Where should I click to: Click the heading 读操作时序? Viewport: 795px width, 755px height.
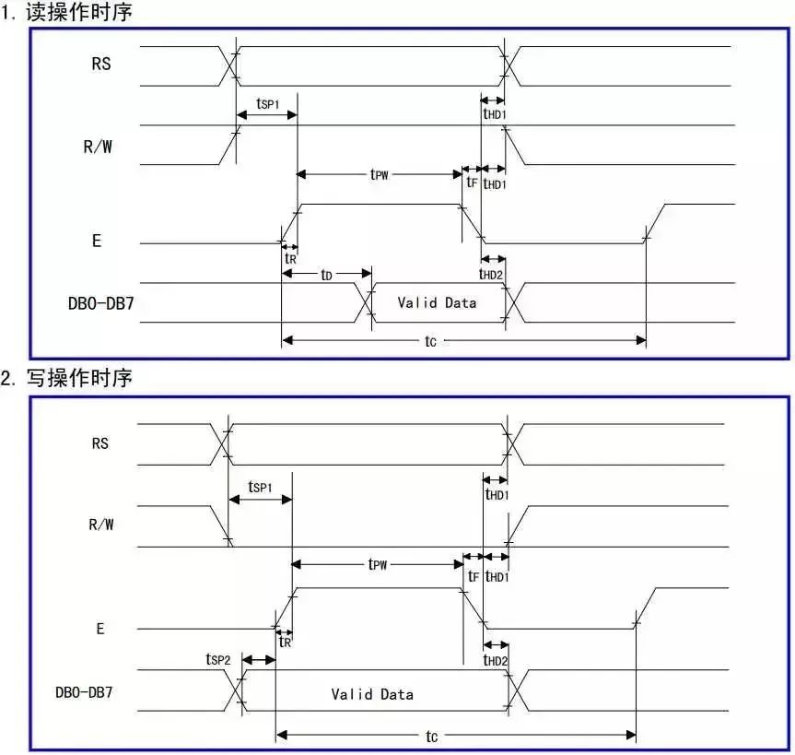[x=79, y=12]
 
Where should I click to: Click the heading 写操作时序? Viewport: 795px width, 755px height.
[x=79, y=378]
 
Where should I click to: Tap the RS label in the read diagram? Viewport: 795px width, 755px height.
[x=101, y=64]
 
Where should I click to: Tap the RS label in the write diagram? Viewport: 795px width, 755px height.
[x=99, y=443]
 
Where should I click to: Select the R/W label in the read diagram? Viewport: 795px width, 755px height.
[x=98, y=147]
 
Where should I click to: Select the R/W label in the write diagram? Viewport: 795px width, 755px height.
[x=101, y=525]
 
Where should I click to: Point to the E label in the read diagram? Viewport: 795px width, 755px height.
[x=97, y=241]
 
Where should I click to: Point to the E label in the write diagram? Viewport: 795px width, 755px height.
[x=99, y=629]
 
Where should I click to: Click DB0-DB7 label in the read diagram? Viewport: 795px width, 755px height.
[x=101, y=303]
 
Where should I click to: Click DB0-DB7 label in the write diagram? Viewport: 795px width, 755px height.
[x=84, y=692]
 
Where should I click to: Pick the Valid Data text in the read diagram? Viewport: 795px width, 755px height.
[x=437, y=303]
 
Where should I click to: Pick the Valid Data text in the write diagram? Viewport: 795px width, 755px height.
[x=372, y=694]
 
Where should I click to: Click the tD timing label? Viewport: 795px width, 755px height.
[x=326, y=275]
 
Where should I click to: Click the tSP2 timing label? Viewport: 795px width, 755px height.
[x=218, y=659]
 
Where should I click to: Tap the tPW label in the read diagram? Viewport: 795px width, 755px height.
[x=380, y=174]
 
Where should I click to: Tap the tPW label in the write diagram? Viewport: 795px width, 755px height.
[x=377, y=564]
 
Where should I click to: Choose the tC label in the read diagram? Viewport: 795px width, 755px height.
[x=430, y=341]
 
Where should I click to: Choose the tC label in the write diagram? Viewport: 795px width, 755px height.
[x=431, y=736]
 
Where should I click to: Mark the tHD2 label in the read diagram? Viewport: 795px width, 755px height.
[x=491, y=274]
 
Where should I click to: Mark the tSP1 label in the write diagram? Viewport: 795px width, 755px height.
[x=260, y=487]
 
